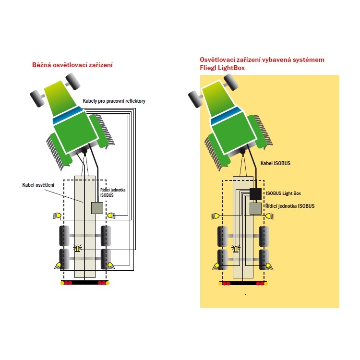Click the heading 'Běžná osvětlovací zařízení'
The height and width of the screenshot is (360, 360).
(x=72, y=65)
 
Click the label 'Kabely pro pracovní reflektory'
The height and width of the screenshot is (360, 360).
(x=114, y=101)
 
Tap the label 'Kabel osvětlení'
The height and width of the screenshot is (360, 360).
(x=38, y=185)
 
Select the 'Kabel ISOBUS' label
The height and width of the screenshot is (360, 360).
(x=275, y=164)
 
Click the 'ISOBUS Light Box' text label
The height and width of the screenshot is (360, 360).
(x=285, y=194)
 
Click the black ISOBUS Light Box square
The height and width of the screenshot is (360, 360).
(x=255, y=194)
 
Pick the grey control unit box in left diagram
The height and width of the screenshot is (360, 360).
(x=97, y=207)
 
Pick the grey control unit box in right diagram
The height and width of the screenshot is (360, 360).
(x=255, y=208)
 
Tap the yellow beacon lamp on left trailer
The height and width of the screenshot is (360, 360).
(x=77, y=249)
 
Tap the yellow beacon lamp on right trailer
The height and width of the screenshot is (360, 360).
(x=235, y=249)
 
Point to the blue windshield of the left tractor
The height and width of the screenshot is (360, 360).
(x=69, y=116)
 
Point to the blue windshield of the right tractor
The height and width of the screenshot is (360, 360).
(x=227, y=116)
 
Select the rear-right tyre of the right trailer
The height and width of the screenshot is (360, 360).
(x=264, y=259)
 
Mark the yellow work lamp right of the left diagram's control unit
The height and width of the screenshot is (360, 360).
(x=111, y=216)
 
